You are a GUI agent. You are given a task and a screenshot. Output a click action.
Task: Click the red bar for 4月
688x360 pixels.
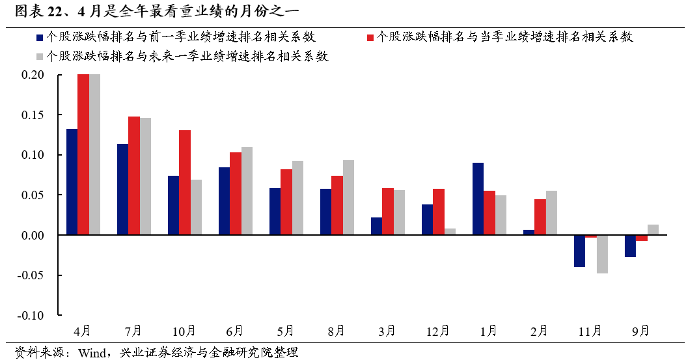83,154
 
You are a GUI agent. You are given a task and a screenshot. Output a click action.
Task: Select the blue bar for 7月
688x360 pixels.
122,189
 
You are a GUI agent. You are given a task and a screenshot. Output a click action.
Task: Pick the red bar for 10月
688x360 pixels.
185,182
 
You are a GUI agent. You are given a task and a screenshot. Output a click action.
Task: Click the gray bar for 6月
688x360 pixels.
247,191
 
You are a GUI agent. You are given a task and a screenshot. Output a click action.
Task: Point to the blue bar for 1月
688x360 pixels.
478,199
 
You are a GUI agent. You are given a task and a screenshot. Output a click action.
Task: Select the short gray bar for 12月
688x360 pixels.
450,231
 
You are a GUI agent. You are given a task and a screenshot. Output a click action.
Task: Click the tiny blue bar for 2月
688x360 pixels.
529,232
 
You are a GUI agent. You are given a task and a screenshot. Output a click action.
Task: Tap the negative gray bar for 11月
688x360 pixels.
602,254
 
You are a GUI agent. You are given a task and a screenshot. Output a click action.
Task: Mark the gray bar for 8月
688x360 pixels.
348,197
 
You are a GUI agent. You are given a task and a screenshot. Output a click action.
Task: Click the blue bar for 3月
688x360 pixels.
376,226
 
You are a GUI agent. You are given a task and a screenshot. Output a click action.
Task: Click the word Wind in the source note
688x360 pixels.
93,353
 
